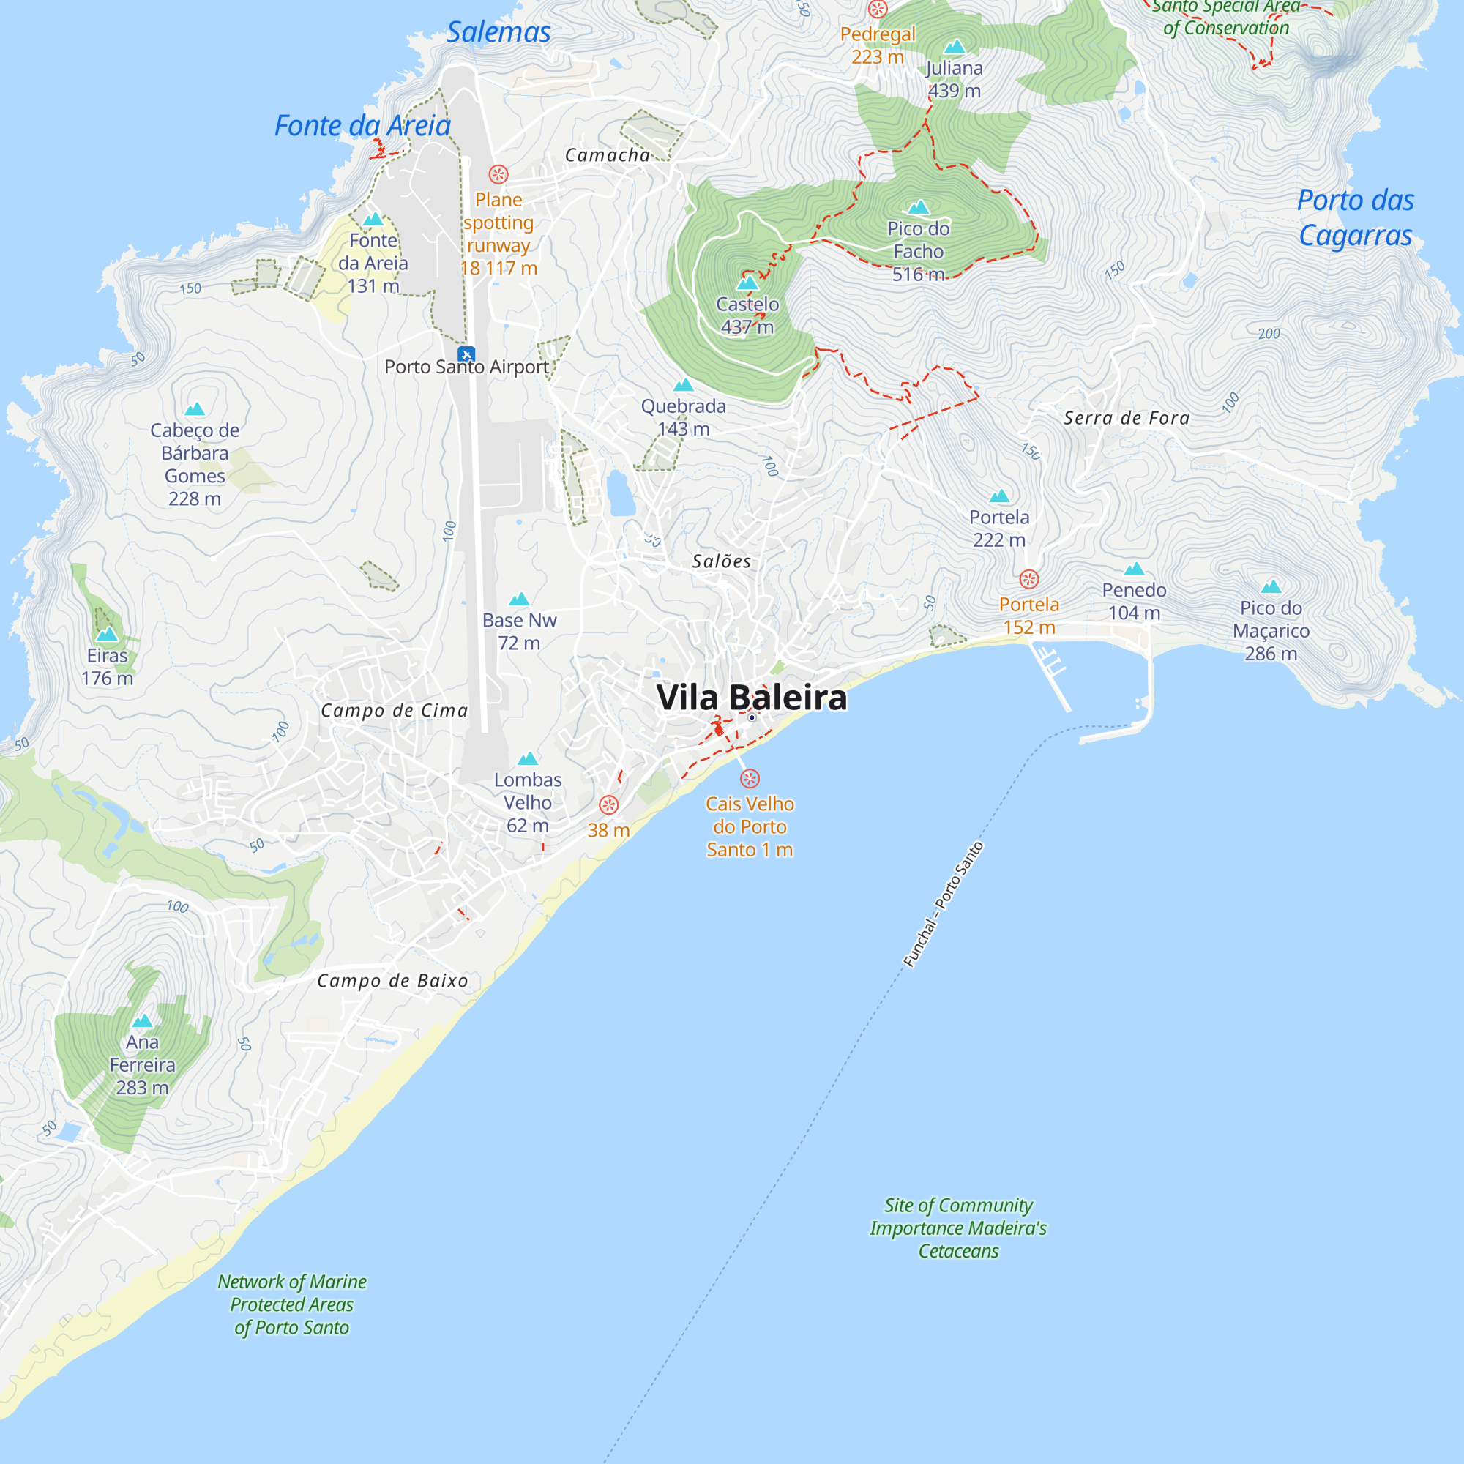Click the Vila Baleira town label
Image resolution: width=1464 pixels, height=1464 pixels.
tap(751, 697)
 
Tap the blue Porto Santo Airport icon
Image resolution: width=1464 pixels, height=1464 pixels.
tap(467, 354)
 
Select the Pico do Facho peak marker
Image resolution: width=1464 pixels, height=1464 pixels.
tap(919, 207)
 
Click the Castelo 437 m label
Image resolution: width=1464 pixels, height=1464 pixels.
tap(747, 315)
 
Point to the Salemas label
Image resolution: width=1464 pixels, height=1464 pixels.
tap(498, 31)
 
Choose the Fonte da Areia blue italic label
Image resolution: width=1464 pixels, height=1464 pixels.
tap(362, 126)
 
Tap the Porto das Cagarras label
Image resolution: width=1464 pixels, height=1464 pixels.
tap(1356, 217)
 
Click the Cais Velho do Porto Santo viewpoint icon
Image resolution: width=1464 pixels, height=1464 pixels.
tap(750, 778)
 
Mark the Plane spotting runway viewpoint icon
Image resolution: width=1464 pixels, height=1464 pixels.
tap(498, 174)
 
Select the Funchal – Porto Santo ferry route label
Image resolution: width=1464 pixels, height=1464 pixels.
tap(943, 905)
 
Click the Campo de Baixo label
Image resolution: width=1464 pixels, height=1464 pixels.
tap(392, 981)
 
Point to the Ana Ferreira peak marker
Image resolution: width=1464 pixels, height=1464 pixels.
tap(143, 1020)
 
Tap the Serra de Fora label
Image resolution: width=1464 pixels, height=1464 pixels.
tap(1126, 417)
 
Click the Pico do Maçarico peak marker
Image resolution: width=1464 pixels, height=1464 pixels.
tap(1271, 586)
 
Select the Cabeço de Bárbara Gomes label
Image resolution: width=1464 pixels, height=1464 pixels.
tap(195, 464)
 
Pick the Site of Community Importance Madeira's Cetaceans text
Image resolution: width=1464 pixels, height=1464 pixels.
tap(957, 1228)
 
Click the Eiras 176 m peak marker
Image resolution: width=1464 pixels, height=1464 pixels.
tap(107, 633)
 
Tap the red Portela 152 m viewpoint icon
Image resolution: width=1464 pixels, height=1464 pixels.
tap(1028, 580)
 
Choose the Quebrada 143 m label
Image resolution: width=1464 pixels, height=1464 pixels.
tap(683, 417)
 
